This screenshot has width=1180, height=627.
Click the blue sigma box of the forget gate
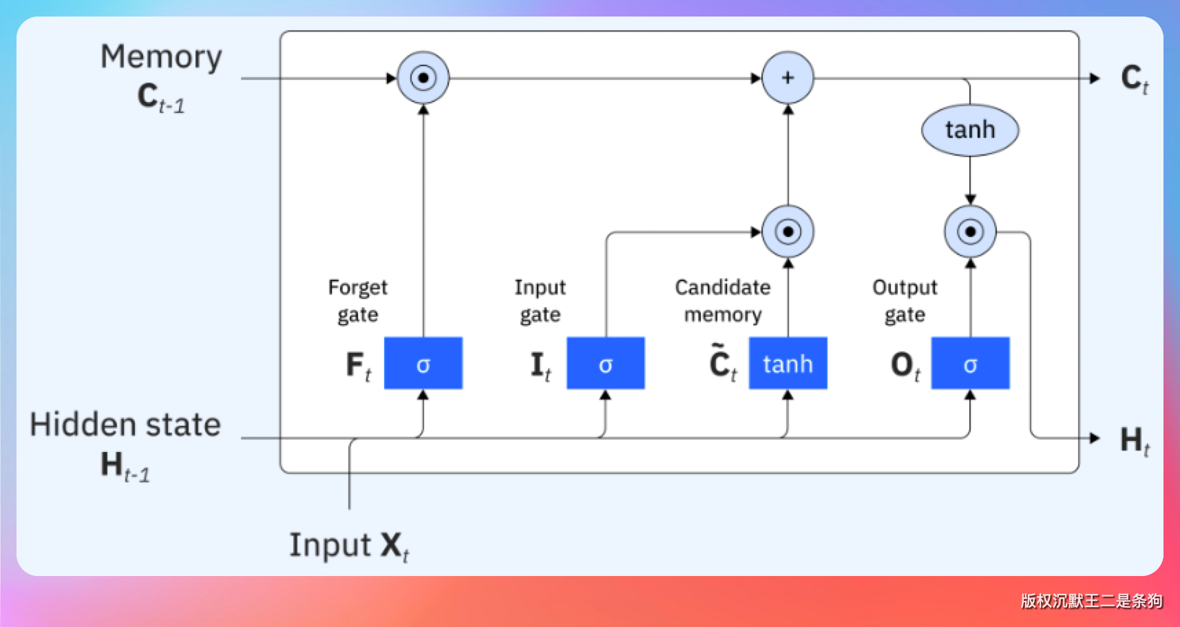click(423, 363)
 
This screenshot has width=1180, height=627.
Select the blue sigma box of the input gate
click(605, 363)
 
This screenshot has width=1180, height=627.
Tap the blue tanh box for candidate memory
click(788, 363)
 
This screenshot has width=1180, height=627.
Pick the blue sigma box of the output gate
click(970, 363)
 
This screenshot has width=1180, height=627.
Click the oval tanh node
click(970, 130)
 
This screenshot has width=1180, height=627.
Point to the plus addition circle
click(788, 78)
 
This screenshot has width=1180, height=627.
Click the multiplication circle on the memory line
click(423, 78)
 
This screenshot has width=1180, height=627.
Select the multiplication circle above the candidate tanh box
click(788, 232)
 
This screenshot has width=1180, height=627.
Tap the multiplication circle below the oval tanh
click(970, 232)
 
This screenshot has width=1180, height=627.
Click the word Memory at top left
click(161, 57)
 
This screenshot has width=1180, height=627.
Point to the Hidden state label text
click(125, 424)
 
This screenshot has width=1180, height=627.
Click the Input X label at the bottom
click(348, 546)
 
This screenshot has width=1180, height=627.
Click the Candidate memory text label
click(723, 300)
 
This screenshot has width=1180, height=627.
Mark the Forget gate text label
click(358, 300)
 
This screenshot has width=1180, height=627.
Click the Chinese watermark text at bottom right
click(1091, 601)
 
